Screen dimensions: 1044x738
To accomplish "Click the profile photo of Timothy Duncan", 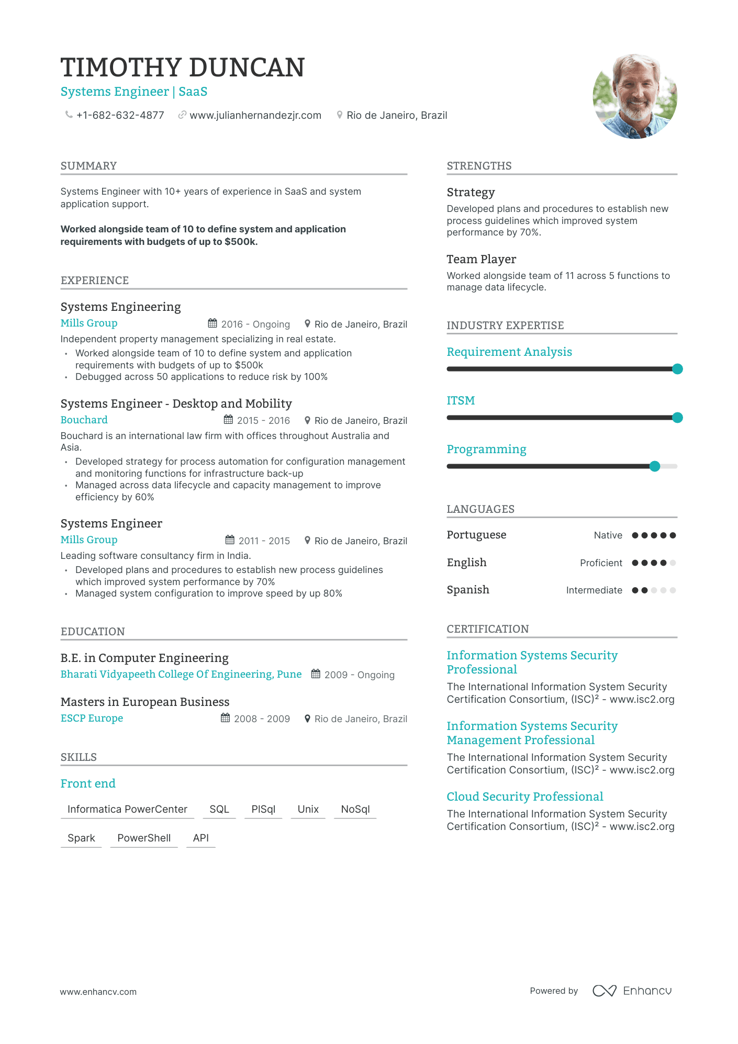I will pyautogui.click(x=635, y=96).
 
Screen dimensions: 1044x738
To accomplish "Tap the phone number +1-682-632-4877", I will pyautogui.click(x=120, y=115).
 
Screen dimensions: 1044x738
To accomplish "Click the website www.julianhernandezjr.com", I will pyautogui.click(x=255, y=115).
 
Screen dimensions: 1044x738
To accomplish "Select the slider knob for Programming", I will pyautogui.click(x=655, y=466).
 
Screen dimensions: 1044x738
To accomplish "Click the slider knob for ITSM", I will pyautogui.click(x=677, y=418).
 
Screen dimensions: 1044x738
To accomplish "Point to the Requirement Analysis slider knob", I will pyautogui.click(x=677, y=369).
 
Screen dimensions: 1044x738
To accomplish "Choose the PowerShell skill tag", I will pyautogui.click(x=144, y=838).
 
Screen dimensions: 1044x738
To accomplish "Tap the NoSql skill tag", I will pyautogui.click(x=355, y=809).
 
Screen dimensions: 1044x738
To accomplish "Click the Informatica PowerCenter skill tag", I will pyautogui.click(x=127, y=809).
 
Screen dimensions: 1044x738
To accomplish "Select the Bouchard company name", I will pyautogui.click(x=84, y=420).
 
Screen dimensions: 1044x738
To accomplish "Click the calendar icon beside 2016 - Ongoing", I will pyautogui.click(x=213, y=323).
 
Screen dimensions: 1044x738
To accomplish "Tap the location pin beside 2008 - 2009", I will pyautogui.click(x=307, y=718).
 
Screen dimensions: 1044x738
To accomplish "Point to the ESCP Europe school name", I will pyautogui.click(x=92, y=718).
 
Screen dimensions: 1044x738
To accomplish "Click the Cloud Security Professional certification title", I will pyautogui.click(x=524, y=796).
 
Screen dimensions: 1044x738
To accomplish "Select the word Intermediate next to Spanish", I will pyautogui.click(x=594, y=590).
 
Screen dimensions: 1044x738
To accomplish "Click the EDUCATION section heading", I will pyautogui.click(x=93, y=632).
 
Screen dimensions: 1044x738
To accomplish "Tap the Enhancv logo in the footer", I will pyautogui.click(x=632, y=991).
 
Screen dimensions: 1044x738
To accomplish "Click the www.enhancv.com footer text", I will pyautogui.click(x=98, y=992).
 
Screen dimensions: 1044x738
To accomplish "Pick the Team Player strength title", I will pyautogui.click(x=481, y=259).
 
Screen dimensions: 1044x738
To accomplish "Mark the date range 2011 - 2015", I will pyautogui.click(x=264, y=541).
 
